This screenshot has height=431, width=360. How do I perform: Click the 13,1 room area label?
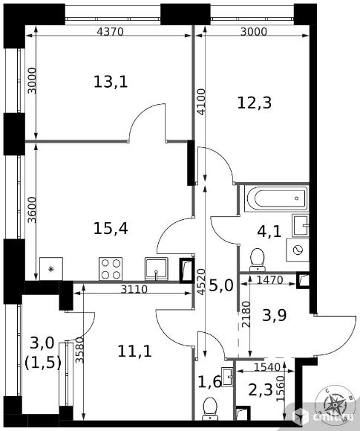(111, 82)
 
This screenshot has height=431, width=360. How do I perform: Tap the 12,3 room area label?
(255, 103)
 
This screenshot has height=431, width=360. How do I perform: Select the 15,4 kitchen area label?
(111, 228)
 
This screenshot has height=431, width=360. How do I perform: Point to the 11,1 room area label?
(134, 351)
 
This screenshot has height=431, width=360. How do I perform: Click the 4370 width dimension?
(111, 32)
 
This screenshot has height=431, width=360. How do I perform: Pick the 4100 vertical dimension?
(202, 101)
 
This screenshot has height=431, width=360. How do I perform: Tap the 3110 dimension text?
(134, 289)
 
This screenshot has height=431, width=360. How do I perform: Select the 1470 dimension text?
(269, 280)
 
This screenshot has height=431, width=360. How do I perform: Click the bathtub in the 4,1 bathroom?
(276, 198)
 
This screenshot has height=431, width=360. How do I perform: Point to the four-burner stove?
(111, 268)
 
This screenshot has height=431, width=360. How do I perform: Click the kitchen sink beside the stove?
(156, 269)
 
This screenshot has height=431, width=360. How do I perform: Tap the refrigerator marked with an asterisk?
(51, 268)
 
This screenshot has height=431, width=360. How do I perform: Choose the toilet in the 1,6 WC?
(210, 409)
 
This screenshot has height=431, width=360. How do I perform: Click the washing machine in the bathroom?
(298, 250)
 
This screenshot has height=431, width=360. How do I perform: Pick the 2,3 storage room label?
(261, 390)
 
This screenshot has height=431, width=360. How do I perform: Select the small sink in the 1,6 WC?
(227, 377)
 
